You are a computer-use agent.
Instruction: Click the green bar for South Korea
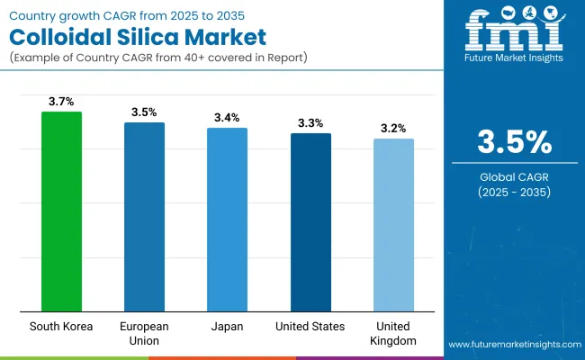(61, 211)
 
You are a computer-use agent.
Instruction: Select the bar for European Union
(144, 217)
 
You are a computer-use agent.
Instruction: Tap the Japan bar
(227, 220)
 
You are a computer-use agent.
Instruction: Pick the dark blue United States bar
(310, 222)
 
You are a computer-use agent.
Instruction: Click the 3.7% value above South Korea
(61, 102)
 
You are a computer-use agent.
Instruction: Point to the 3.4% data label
(227, 118)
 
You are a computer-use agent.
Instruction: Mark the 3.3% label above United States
(310, 123)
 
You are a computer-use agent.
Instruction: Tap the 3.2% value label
(393, 129)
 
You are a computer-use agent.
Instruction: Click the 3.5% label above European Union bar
(144, 112)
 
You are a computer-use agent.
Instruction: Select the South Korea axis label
(61, 326)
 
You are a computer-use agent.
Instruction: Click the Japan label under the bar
(227, 326)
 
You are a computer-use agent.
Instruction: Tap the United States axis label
(310, 326)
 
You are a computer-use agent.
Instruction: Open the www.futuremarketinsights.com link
(512, 345)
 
